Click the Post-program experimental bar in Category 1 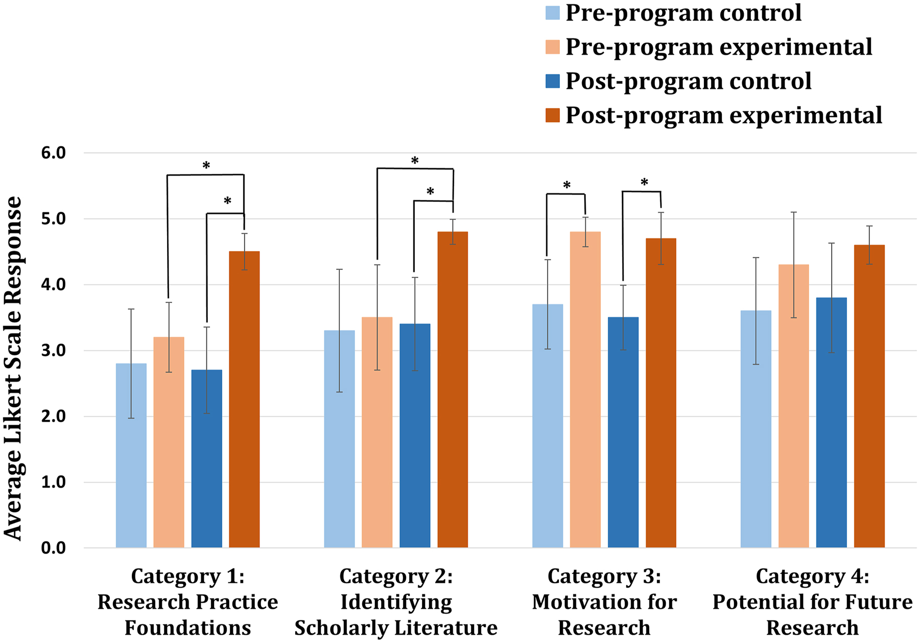click(x=244, y=399)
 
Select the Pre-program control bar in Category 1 click(x=131, y=455)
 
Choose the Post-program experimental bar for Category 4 click(x=869, y=396)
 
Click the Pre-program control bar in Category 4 click(x=756, y=429)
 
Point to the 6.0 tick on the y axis click(x=54, y=153)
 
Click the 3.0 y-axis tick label click(x=54, y=351)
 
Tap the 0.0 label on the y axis click(x=54, y=548)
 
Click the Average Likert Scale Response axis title click(x=14, y=368)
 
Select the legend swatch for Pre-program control click(x=553, y=13)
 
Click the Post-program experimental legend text click(x=723, y=116)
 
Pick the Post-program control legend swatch click(x=553, y=81)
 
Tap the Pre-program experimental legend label click(x=718, y=47)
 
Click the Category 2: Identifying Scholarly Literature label click(x=396, y=602)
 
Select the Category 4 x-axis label click(x=812, y=602)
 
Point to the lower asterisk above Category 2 click(x=430, y=192)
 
